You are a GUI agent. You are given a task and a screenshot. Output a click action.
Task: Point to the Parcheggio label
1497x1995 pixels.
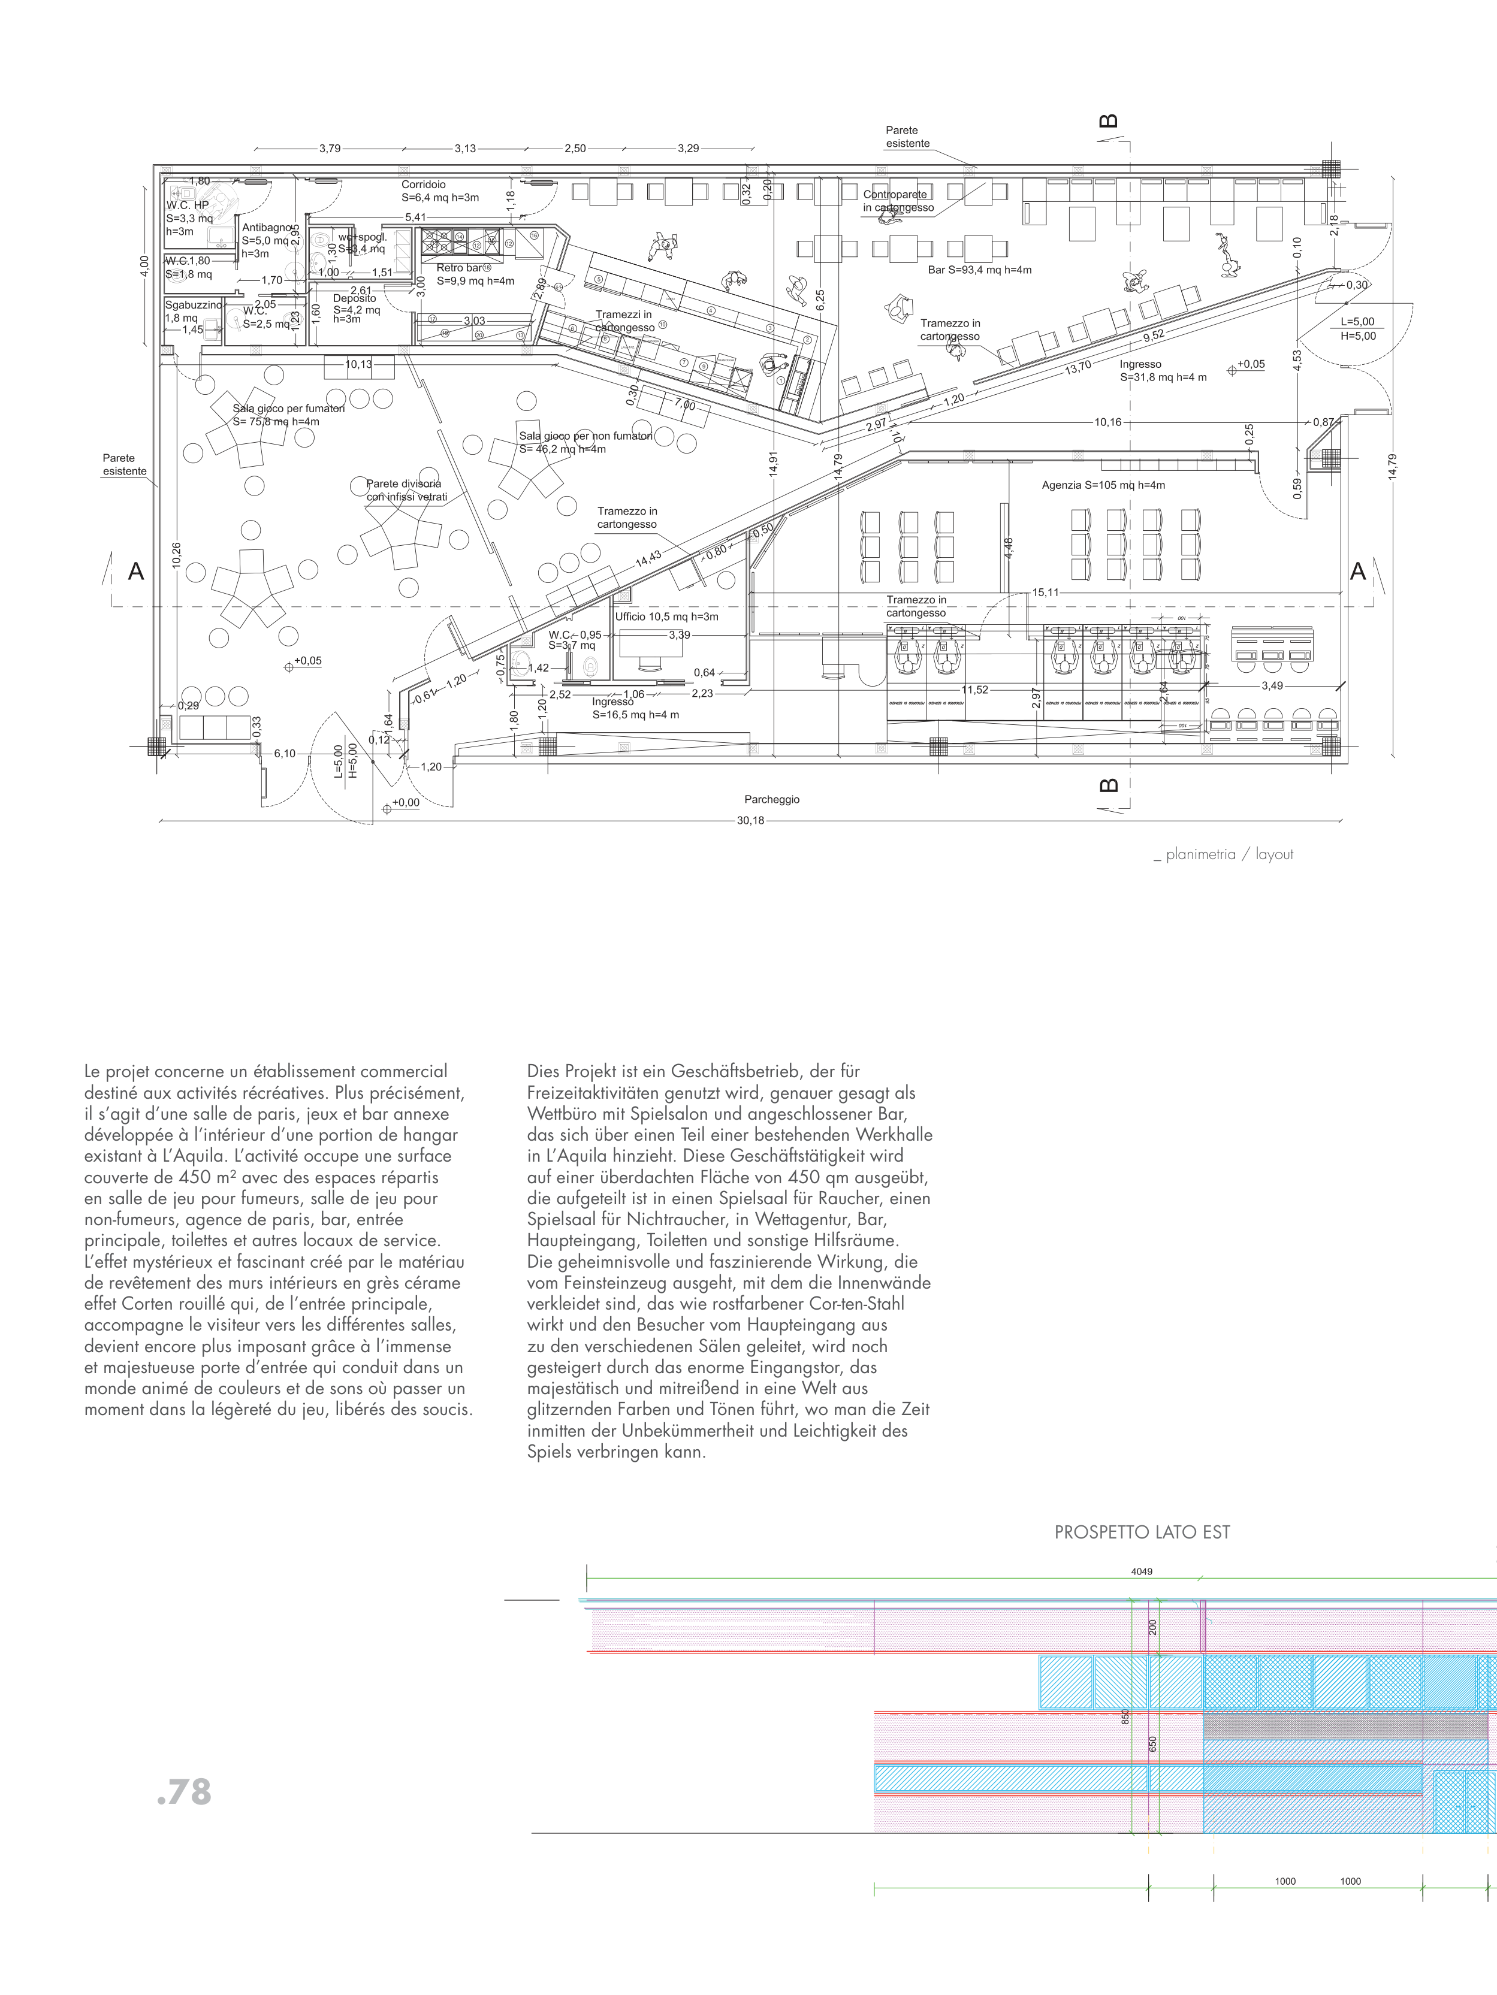771,799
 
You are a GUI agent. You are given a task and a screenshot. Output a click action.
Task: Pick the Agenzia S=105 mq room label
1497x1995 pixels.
1103,485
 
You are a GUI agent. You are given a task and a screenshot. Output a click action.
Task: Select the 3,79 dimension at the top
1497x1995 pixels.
330,149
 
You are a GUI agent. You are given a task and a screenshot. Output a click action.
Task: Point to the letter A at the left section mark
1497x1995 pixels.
136,571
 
